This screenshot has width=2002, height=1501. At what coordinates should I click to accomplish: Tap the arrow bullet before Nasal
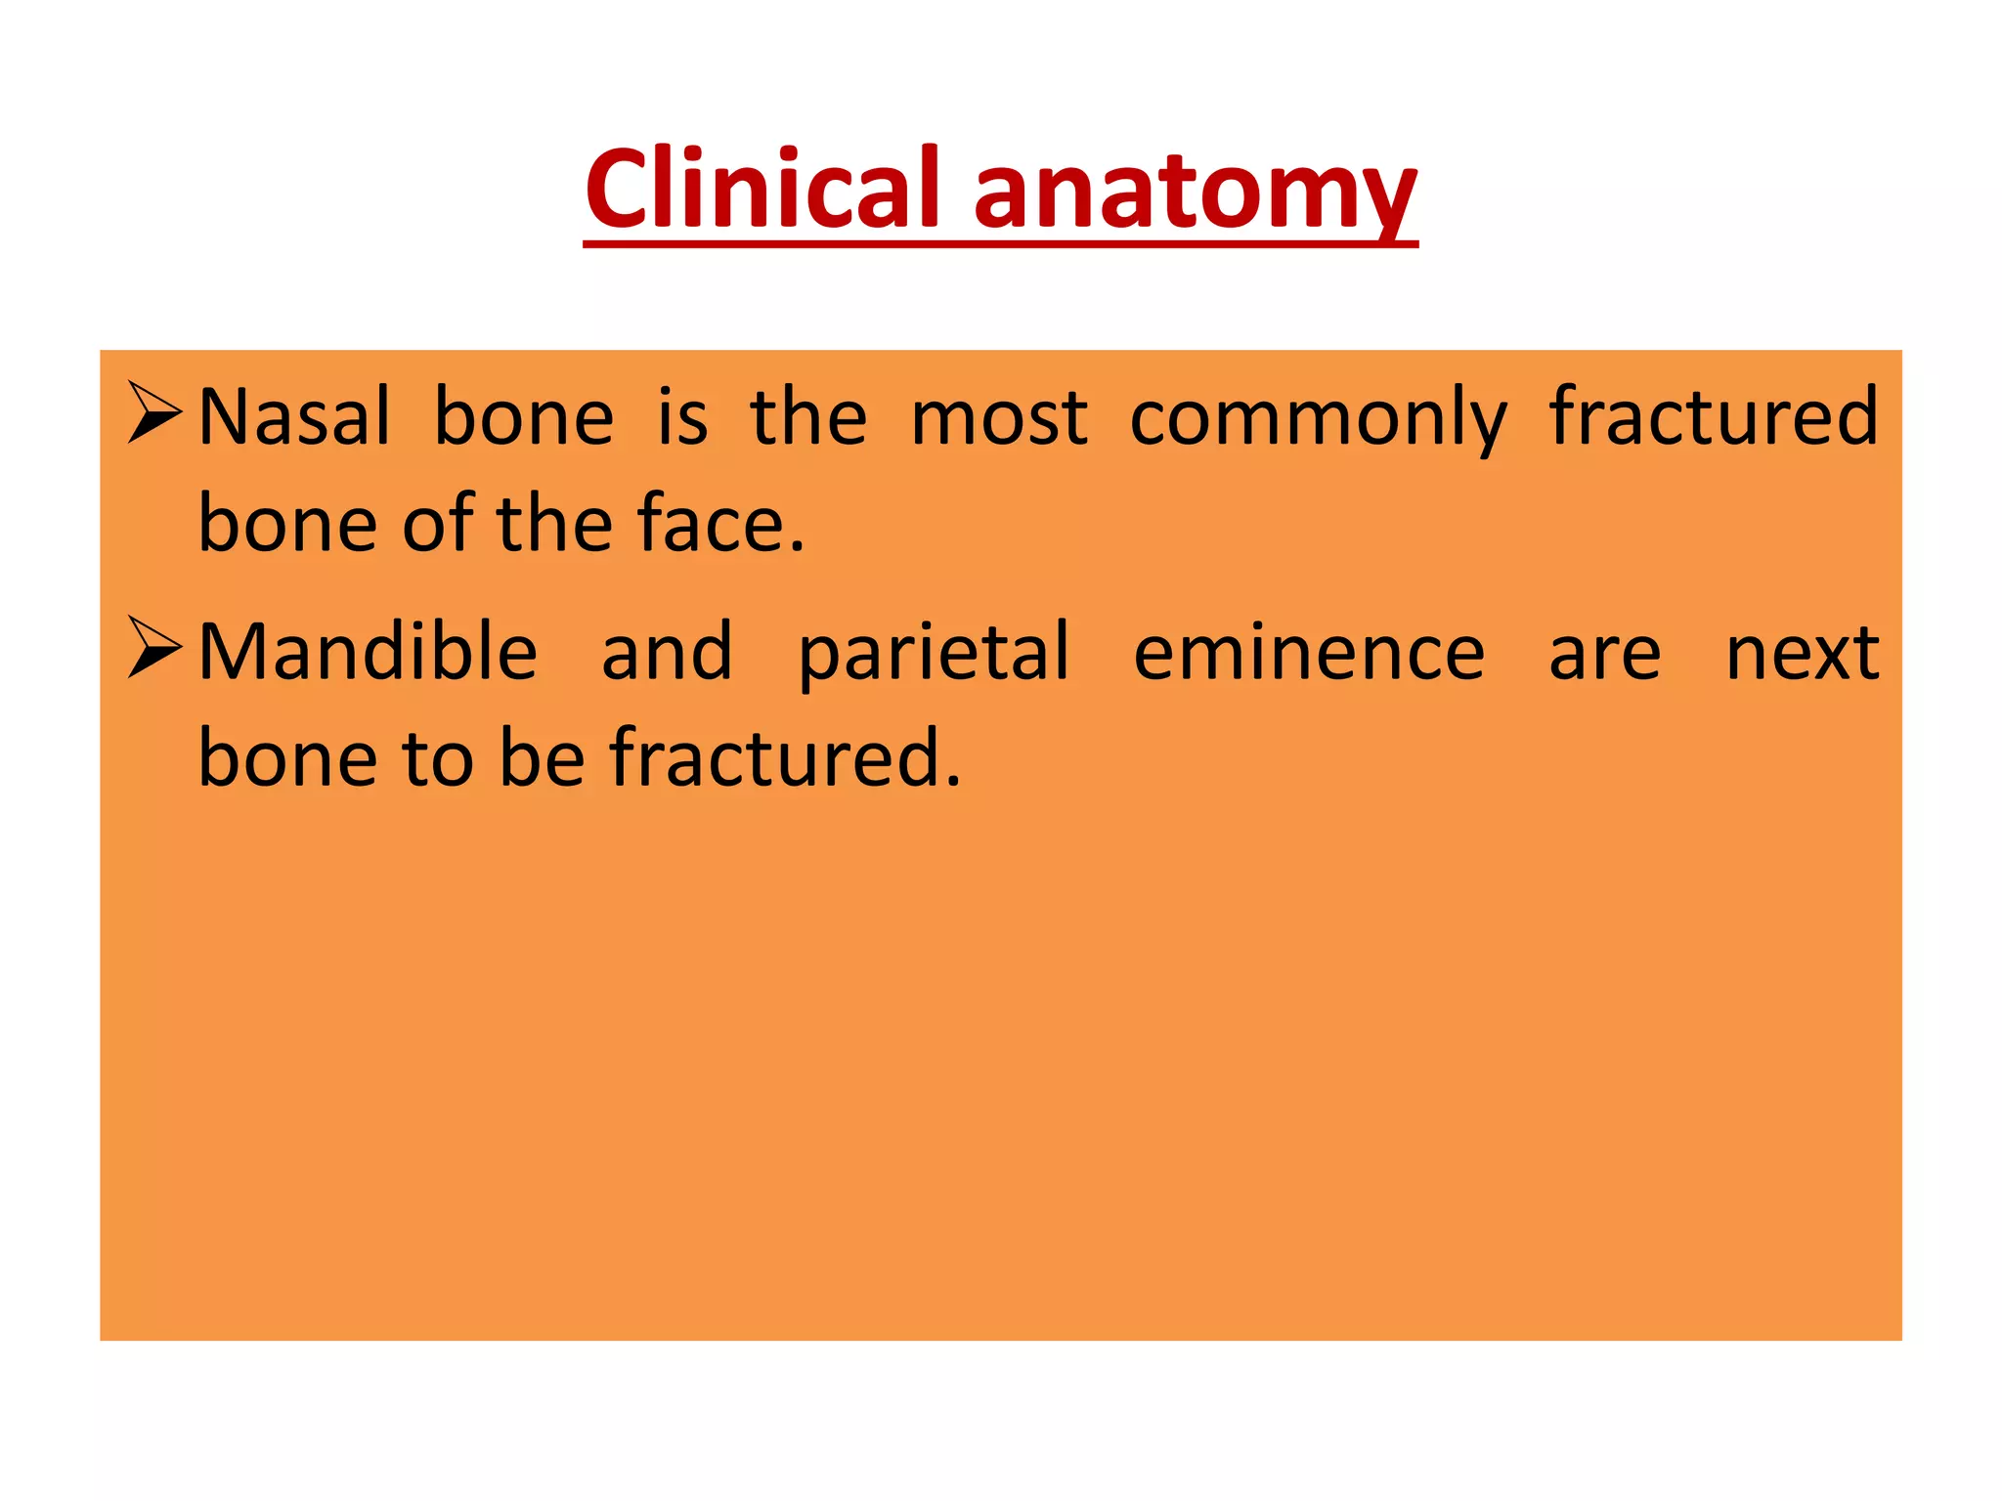coord(154,413)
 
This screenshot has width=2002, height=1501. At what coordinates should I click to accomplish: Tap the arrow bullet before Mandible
coord(154,649)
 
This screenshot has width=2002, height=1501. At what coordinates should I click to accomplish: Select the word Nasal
coord(294,417)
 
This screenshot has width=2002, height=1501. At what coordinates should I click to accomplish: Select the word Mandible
coord(368,652)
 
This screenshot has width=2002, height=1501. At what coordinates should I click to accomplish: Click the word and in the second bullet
coord(667,652)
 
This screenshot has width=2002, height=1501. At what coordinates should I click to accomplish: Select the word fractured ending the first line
coord(1714,417)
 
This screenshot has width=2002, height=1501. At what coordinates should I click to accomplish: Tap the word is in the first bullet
coord(681,417)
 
